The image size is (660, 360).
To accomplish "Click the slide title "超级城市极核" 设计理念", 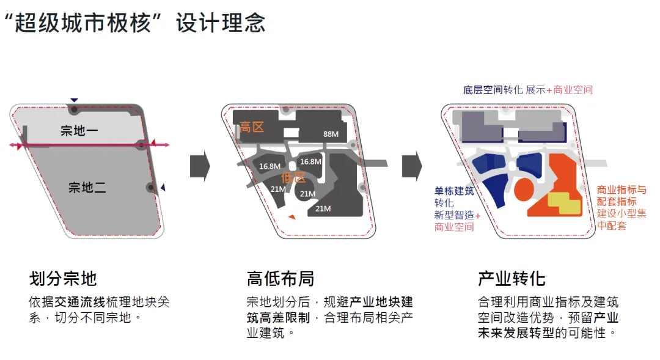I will [134, 23].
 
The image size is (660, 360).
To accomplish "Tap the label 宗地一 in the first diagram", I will [79, 130].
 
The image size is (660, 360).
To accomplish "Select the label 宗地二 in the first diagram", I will [87, 187].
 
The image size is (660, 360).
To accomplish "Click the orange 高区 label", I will [252, 128].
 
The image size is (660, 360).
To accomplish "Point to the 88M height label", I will [331, 134].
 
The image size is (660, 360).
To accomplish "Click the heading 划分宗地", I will [63, 279].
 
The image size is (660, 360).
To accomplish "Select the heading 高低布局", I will [280, 279].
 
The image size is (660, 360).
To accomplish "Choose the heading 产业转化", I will [512, 279].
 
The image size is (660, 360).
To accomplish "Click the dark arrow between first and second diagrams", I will [200, 164].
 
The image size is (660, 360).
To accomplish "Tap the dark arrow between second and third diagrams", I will [411, 164].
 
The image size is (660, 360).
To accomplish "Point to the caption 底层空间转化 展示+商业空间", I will [528, 90].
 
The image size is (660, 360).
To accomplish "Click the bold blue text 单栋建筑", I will [454, 191].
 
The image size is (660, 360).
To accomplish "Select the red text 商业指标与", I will [621, 190].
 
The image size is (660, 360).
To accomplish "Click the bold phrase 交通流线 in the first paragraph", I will [80, 303].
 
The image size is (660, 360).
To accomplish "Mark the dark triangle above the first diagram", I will [74, 100].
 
